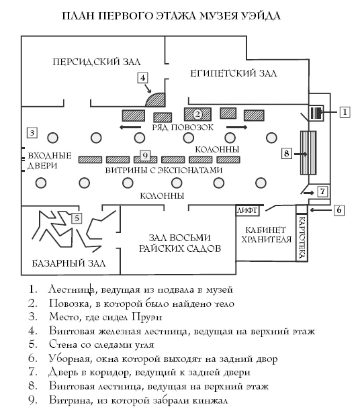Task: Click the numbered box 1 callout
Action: (345, 111)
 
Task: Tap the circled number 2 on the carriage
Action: (197, 114)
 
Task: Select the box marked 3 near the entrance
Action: (32, 132)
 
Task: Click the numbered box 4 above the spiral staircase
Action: (142, 78)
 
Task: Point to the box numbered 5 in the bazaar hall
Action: (77, 218)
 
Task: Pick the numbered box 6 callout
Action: (339, 210)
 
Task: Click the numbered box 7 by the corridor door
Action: (322, 191)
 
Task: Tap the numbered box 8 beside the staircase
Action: (287, 154)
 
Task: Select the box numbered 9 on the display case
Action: (145, 155)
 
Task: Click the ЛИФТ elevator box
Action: (247, 210)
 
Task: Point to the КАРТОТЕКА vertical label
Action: (302, 237)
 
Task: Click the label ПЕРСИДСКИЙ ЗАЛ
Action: (97, 62)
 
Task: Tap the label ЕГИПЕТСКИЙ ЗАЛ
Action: (234, 73)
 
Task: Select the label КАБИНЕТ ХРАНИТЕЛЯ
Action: (266, 234)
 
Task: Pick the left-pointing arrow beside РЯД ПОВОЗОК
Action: (130, 127)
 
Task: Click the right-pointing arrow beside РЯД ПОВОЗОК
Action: (237, 127)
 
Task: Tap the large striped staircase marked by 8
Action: (308, 153)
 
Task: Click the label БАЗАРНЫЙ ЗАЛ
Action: (69, 263)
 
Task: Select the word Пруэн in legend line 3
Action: (146, 317)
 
